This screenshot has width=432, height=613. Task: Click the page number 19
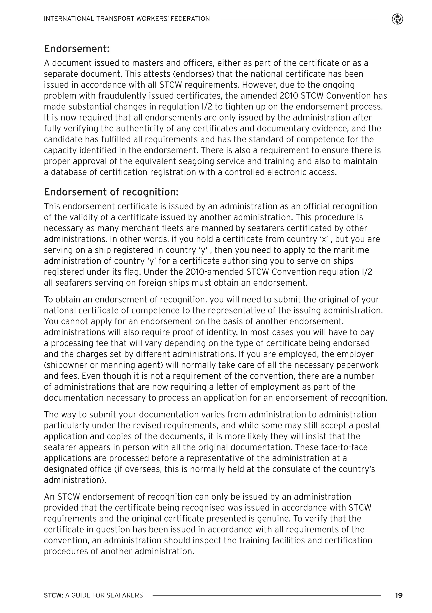[399, 595]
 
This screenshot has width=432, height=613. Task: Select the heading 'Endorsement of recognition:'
[111, 192]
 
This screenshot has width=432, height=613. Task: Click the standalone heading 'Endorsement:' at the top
[77, 49]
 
